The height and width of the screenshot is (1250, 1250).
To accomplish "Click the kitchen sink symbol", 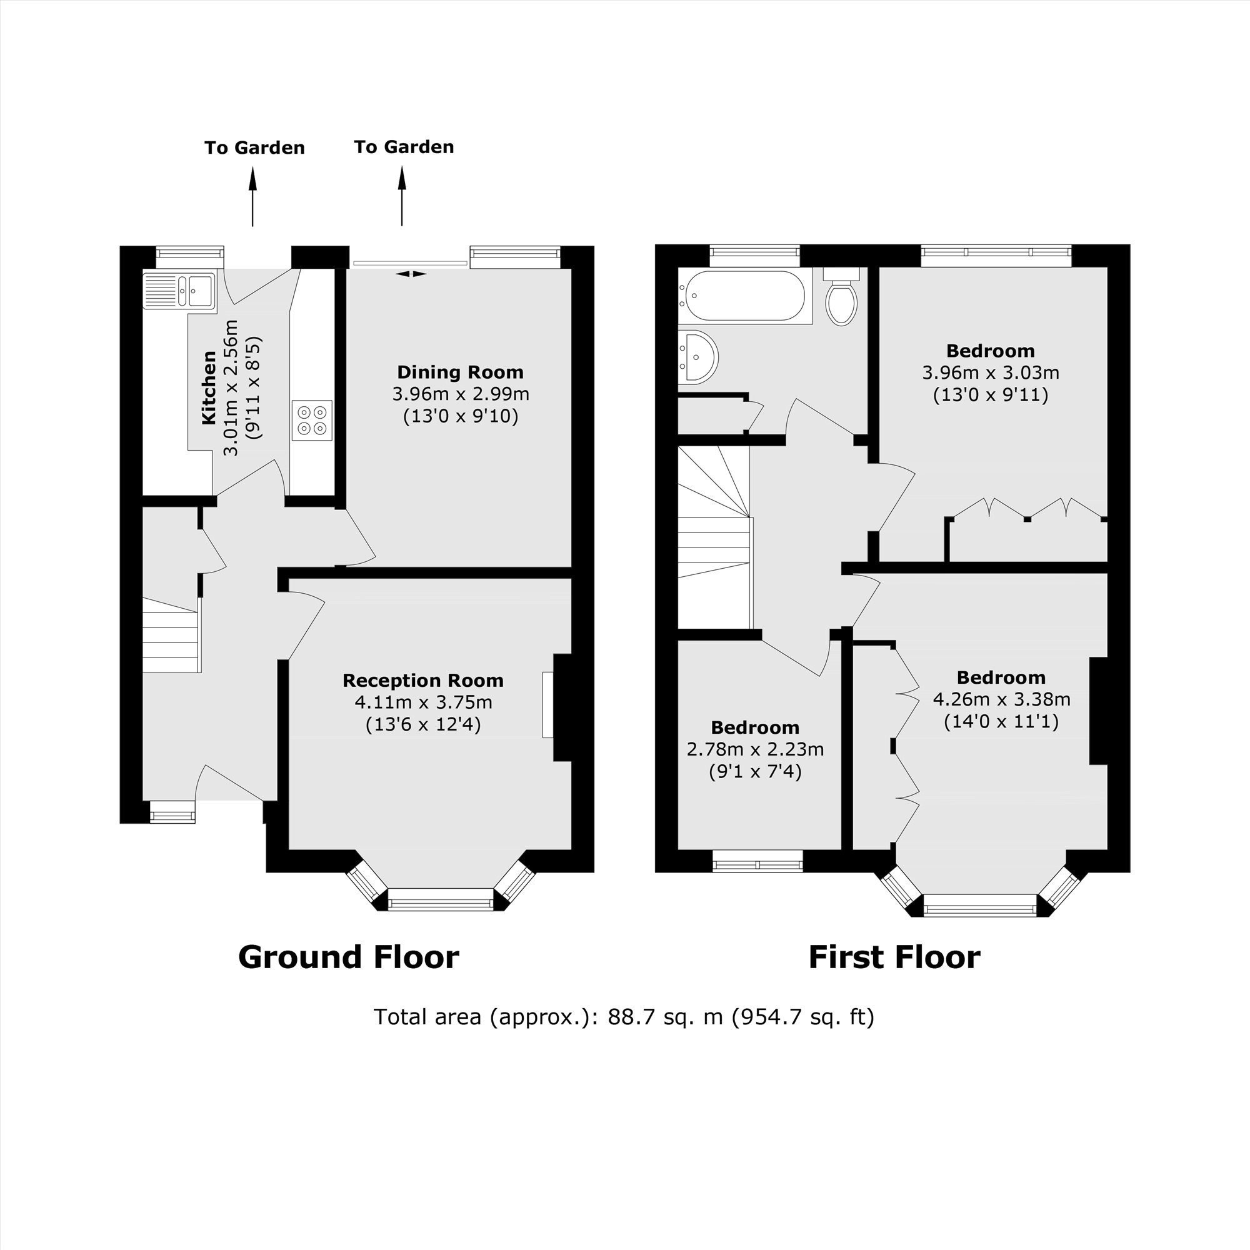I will [179, 291].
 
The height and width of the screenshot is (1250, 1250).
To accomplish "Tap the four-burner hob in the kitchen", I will [312, 421].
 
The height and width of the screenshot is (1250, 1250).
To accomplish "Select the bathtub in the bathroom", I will [744, 296].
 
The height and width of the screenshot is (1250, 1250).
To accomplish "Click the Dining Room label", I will [460, 372].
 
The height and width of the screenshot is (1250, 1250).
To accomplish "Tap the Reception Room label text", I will [422, 681].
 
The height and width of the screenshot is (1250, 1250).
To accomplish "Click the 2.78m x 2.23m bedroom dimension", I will [755, 749].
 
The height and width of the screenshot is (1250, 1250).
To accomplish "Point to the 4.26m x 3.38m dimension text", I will [1001, 699].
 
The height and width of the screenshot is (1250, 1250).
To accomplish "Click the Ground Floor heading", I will [348, 957].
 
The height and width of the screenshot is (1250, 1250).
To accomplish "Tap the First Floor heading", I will [894, 957].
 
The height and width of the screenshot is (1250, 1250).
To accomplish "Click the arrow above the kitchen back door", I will [253, 197].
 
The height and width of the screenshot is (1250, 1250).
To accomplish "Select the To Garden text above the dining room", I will [404, 147].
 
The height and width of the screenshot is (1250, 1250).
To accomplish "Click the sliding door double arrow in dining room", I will [411, 274].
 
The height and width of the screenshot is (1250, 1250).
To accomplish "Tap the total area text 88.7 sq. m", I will [664, 1017].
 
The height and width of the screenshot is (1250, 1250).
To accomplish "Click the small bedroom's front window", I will [757, 861].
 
